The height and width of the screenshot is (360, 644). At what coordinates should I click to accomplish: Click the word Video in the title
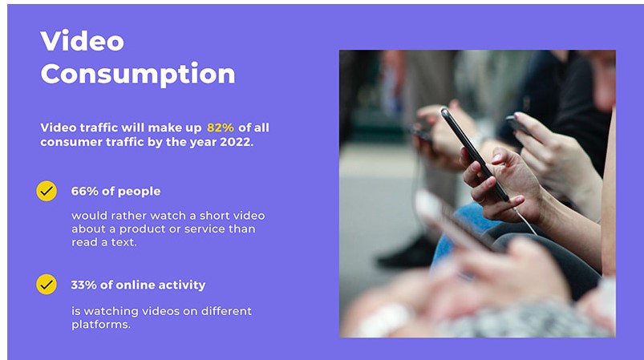(x=82, y=41)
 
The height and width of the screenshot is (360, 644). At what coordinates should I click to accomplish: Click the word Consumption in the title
(x=137, y=74)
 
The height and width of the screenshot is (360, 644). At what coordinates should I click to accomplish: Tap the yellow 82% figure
(x=221, y=127)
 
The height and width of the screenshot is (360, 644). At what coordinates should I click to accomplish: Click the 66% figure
(x=83, y=192)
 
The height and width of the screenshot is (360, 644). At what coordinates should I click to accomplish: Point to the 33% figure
(x=83, y=285)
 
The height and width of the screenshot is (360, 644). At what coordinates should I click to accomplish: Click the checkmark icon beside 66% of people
(x=47, y=192)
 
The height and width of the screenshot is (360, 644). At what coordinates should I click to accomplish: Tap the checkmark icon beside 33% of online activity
(x=47, y=285)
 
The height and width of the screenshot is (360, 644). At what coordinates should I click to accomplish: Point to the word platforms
(x=100, y=326)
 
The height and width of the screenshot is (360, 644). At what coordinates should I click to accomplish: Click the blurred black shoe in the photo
(x=405, y=255)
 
